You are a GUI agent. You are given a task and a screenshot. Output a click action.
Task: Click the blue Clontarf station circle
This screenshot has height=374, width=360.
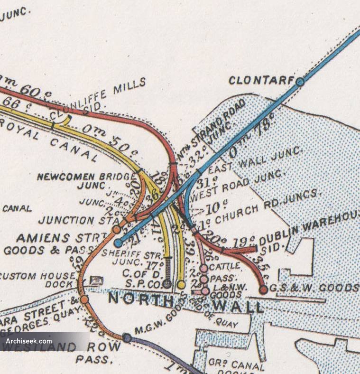(x=300, y=82)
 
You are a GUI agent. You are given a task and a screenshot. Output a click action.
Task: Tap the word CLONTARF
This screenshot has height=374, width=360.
(x=261, y=80)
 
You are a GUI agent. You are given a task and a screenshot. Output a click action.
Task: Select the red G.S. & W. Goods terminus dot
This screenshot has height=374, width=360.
(x=263, y=290)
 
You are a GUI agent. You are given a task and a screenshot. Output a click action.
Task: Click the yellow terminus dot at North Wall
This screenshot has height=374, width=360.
(x=181, y=284)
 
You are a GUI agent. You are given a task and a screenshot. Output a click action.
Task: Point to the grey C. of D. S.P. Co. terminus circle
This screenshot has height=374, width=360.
(x=167, y=284)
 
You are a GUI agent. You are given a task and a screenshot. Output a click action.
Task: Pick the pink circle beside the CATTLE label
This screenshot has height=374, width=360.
(x=203, y=269)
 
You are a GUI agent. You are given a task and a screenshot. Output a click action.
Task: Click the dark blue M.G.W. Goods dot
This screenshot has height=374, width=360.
(x=127, y=337)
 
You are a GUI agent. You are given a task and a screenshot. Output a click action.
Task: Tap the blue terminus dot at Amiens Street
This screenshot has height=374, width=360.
(x=118, y=243)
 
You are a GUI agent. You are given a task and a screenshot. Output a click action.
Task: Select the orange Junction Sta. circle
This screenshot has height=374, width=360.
(x=116, y=230)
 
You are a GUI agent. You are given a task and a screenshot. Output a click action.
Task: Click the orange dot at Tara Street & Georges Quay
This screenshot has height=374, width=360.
(x=84, y=299)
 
